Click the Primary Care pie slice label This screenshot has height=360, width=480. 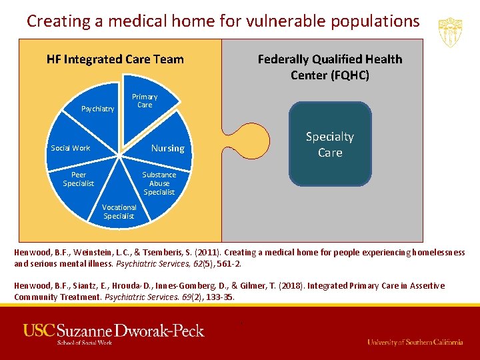[145, 101]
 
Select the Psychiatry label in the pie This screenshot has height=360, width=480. [97, 109]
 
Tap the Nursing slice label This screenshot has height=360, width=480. [167, 148]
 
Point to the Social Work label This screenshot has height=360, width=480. [71, 148]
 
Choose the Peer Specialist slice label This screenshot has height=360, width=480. [79, 179]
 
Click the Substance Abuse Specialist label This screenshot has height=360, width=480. [159, 183]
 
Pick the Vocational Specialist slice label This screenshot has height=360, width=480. [119, 211]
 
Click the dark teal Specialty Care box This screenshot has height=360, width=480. [329, 144]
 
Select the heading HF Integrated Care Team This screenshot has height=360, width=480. [115, 59]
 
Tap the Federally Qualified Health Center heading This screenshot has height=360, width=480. [330, 67]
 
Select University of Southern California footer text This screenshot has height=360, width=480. [415, 342]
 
